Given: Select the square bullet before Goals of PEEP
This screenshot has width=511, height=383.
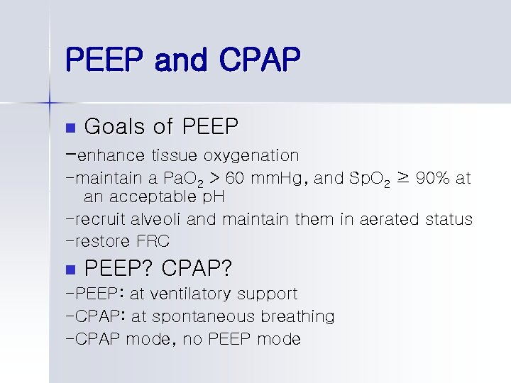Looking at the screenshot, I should (x=69, y=128).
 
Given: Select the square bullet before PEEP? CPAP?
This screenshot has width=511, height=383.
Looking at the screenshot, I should (x=69, y=270).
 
